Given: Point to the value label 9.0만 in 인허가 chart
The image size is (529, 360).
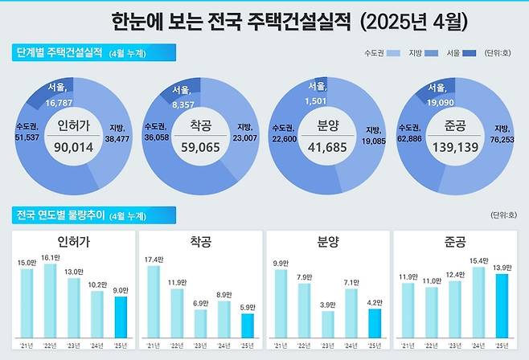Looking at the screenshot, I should pyautogui.click(x=120, y=291).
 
